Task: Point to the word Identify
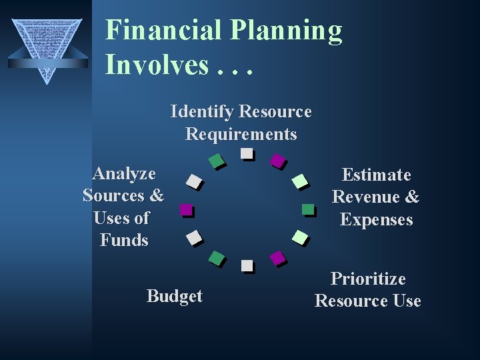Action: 202,111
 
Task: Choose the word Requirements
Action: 241,134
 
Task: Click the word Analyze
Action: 124,174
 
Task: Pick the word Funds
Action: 123,240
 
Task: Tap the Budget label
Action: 174,297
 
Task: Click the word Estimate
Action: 376,175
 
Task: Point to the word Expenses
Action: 376,220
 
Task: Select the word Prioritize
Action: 368,279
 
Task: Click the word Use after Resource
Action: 407,301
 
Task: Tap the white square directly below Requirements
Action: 247,153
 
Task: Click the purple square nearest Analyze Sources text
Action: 186,209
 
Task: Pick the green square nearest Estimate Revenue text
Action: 307,209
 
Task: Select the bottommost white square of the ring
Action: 247,265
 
